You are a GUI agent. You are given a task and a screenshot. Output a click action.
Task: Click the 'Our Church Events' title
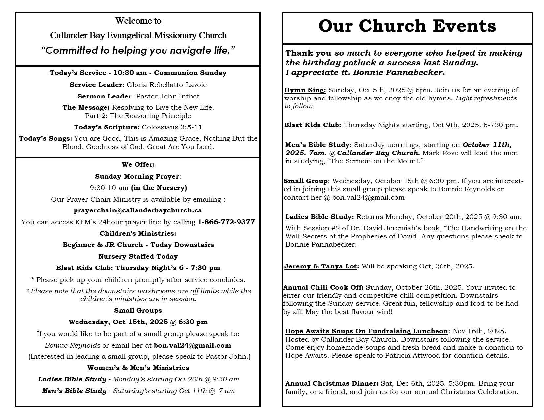pyautogui.click(x=407, y=26)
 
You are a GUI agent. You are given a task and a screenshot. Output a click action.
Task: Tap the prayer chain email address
pyautogui.click(x=138, y=210)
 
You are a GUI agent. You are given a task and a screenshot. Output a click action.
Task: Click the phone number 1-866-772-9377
pyautogui.click(x=226, y=222)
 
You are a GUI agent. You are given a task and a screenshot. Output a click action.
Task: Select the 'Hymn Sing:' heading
pyautogui.click(x=305, y=90)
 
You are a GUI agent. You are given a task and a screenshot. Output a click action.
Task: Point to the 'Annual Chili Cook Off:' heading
pyautogui.click(x=323, y=287)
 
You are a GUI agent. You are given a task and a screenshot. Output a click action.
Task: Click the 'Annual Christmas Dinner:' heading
pyautogui.click(x=332, y=383)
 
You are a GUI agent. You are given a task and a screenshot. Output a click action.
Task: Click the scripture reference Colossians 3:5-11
pyautogui.click(x=172, y=127)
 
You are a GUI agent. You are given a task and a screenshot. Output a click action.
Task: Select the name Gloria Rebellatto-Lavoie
pyautogui.click(x=166, y=85)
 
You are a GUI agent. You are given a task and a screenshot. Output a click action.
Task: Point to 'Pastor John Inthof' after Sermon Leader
pyautogui.click(x=168, y=96)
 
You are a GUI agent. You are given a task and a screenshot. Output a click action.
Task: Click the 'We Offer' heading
pyautogui.click(x=137, y=164)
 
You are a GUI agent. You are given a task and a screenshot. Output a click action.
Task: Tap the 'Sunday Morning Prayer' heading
pyautogui.click(x=137, y=176)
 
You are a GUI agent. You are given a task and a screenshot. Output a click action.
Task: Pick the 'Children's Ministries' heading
pyautogui.click(x=137, y=233)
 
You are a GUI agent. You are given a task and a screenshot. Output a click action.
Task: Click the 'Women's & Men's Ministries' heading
pyautogui.click(x=138, y=368)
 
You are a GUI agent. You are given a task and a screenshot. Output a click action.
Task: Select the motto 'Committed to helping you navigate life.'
pyautogui.click(x=138, y=50)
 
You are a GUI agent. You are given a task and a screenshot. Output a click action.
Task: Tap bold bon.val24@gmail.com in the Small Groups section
pyautogui.click(x=193, y=345)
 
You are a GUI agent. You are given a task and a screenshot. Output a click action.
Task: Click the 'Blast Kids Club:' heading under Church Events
pyautogui.click(x=313, y=125)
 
